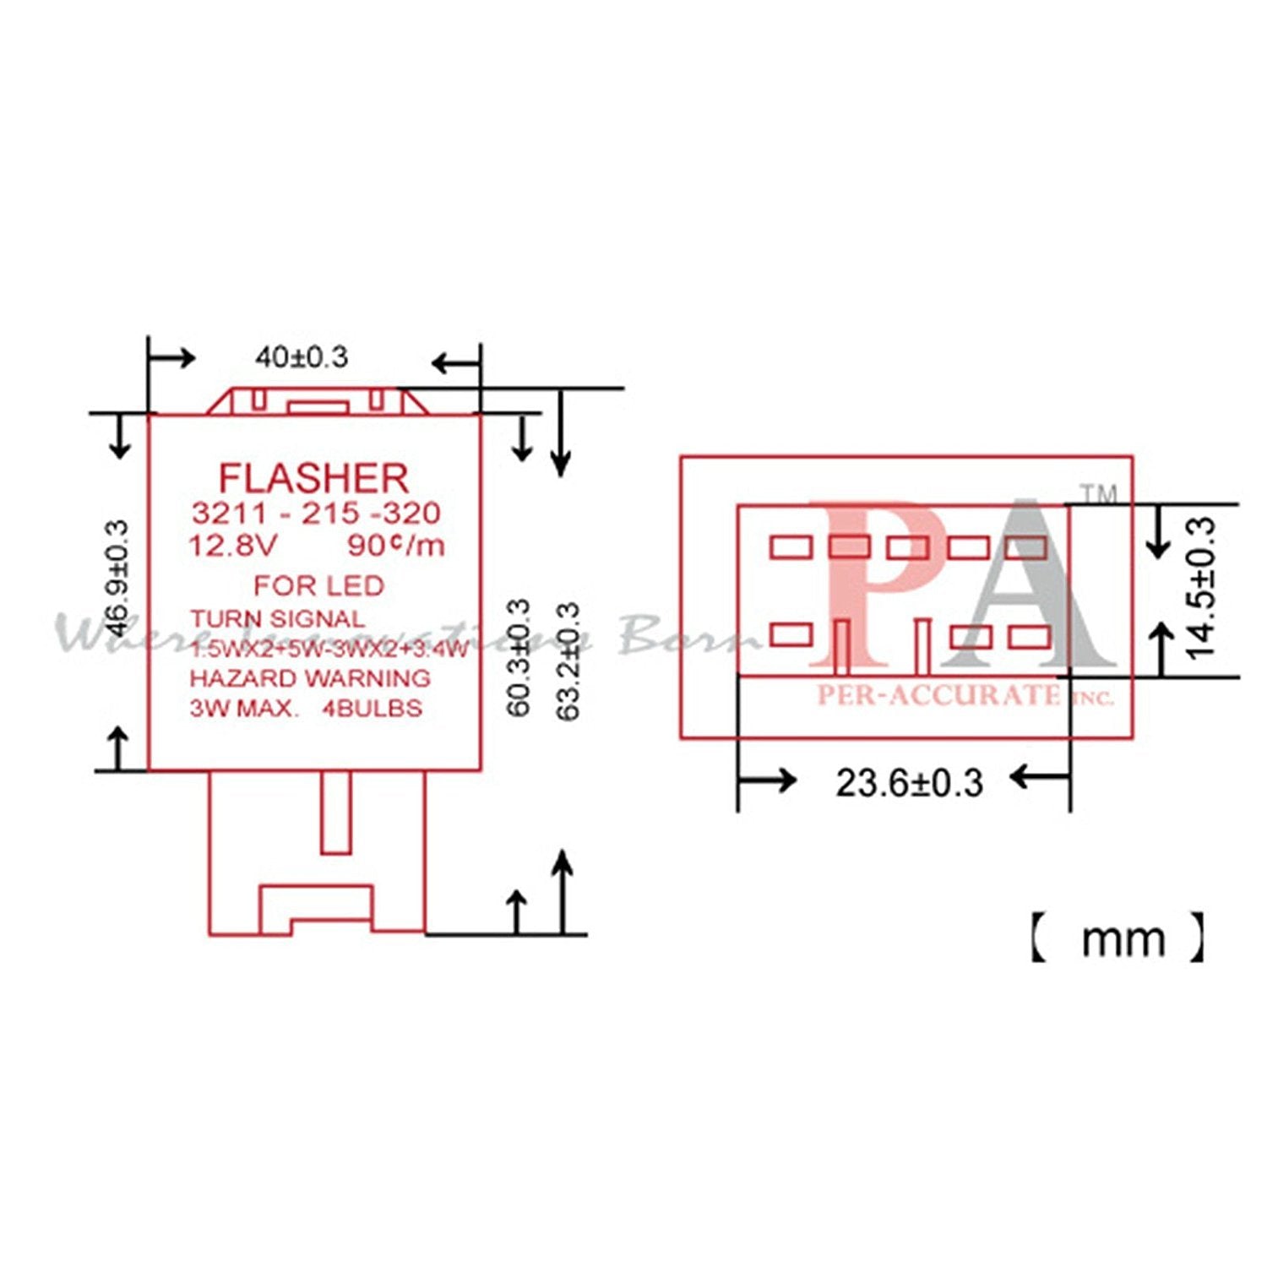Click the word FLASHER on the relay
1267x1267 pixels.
click(313, 479)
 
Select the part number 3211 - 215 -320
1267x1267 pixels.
click(316, 514)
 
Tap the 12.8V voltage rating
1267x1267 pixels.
click(231, 546)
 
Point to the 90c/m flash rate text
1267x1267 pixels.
click(395, 546)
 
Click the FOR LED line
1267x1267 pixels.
click(318, 585)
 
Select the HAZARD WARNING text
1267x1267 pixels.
click(309, 678)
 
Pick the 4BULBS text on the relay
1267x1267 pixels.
click(372, 708)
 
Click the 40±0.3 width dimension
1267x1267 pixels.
click(302, 357)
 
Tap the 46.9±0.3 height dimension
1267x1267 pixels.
click(119, 579)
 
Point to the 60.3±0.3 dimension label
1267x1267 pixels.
click(519, 657)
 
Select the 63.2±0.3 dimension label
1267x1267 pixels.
click(568, 661)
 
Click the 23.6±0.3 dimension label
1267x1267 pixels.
click(909, 783)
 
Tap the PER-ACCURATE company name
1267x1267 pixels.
click(938, 695)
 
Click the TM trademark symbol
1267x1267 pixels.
click(1100, 494)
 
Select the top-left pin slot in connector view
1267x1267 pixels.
click(791, 547)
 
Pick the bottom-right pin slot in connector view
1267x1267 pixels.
click(1029, 636)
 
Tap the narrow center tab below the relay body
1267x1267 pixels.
click(335, 813)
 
